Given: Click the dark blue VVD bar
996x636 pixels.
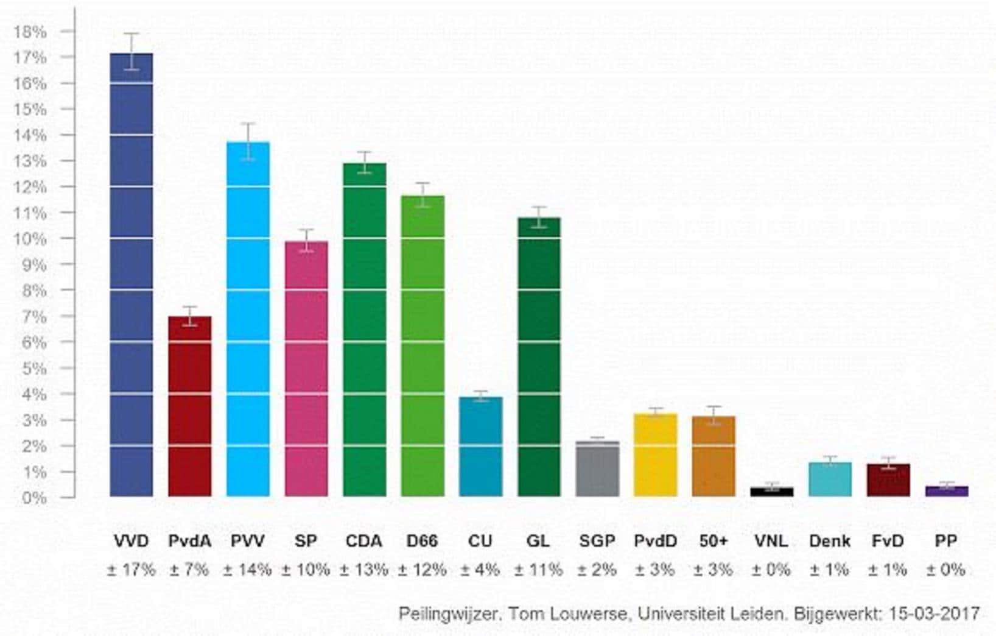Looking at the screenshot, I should [132, 274].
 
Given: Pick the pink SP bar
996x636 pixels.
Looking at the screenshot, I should [306, 369].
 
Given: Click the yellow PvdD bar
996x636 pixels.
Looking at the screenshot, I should [656, 455].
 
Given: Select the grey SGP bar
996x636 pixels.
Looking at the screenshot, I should [597, 468].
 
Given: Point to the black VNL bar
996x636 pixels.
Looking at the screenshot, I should [771, 492].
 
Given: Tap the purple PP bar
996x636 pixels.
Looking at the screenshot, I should [946, 491].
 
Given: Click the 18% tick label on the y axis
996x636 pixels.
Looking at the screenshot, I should [30, 32].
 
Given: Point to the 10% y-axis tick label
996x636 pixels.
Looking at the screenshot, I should [30, 239].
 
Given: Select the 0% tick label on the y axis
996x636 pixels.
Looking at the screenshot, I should [34, 498].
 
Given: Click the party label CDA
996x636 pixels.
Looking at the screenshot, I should [364, 541].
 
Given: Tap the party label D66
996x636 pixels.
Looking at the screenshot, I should [422, 541].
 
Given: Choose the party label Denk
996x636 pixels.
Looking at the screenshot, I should [830, 541].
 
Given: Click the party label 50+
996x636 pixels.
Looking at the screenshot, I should [714, 541].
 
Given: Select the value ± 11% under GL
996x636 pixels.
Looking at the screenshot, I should [538, 570].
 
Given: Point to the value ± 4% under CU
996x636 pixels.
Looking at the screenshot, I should [480, 570].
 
